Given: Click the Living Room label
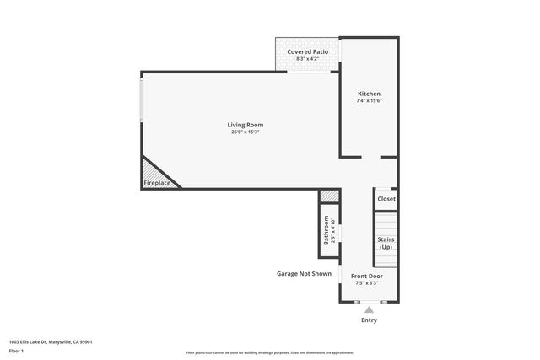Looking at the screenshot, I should [246, 125].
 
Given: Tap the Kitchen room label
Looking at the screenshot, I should [369, 94].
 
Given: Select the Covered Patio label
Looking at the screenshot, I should [307, 51].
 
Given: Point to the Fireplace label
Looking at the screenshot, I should [157, 183].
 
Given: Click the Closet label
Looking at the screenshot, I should [386, 199].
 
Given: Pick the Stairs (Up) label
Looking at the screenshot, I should [386, 244].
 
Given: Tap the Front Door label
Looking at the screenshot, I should [367, 276].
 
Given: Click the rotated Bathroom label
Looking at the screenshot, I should [326, 230].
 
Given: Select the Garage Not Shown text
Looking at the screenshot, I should [304, 273].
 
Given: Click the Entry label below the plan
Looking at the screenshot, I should [369, 320].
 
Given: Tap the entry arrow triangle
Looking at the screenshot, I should [369, 310].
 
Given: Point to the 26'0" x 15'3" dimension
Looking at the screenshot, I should [246, 132].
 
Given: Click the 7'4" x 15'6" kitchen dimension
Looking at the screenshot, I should [369, 101].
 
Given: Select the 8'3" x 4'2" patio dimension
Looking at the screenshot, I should [307, 58].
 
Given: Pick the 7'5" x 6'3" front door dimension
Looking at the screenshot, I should [367, 283].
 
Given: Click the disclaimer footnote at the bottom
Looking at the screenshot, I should [269, 352].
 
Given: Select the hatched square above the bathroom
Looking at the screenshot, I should [328, 196].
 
